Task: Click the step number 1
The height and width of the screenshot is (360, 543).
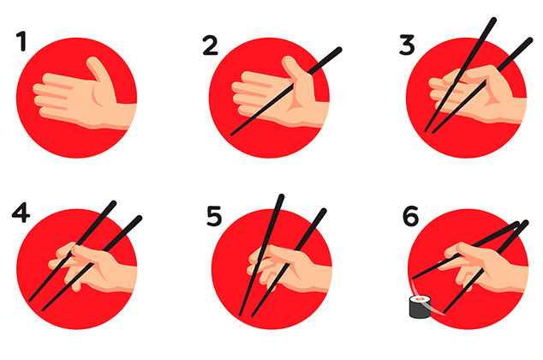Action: pyautogui.click(x=22, y=41)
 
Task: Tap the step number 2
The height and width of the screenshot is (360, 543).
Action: pyautogui.click(x=211, y=45)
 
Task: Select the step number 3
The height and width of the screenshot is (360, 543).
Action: pyautogui.click(x=407, y=45)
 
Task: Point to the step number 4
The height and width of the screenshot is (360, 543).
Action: pyautogui.click(x=21, y=213)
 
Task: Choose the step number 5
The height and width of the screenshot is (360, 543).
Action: pyautogui.click(x=213, y=216)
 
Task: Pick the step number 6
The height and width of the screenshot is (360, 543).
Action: pyautogui.click(x=411, y=216)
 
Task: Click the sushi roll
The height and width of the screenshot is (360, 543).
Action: pyautogui.click(x=420, y=306)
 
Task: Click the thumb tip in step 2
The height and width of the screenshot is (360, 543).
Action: pyautogui.click(x=288, y=60)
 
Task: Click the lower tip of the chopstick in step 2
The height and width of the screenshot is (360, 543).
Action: pyautogui.click(x=232, y=134)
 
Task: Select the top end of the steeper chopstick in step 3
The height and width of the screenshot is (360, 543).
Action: pyautogui.click(x=493, y=21)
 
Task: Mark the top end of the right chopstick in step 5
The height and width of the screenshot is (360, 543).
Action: pyautogui.click(x=323, y=211)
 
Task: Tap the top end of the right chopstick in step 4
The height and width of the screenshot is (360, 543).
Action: pyautogui.click(x=139, y=219)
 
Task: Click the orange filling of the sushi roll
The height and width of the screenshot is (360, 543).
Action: pyautogui.click(x=420, y=298)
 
